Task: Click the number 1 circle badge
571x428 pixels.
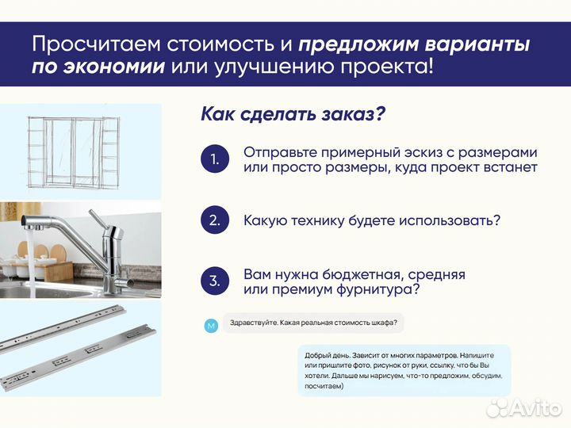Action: click(214, 159)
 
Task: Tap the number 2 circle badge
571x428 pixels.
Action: click(214, 220)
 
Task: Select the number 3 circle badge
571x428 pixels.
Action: click(214, 281)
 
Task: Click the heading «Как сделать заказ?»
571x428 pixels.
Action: click(293, 114)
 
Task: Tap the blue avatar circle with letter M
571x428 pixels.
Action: click(210, 326)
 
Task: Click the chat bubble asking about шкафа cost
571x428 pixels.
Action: click(313, 323)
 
